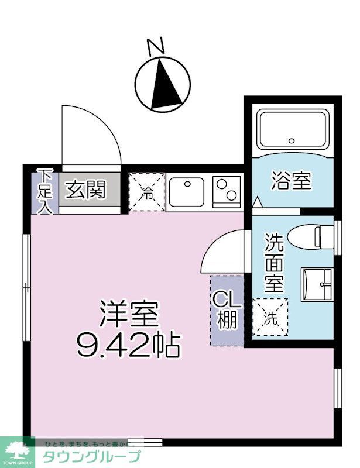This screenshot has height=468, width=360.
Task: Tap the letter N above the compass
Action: pyautogui.click(x=155, y=47)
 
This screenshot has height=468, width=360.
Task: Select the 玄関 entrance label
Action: pyautogui.click(x=85, y=190)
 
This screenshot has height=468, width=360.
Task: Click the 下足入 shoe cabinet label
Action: pyautogui.click(x=45, y=190)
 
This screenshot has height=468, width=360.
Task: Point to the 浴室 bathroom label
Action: pyautogui.click(x=290, y=181)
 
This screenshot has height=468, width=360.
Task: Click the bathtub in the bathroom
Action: pyautogui.click(x=290, y=129)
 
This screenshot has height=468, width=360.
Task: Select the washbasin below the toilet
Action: pyautogui.click(x=317, y=284)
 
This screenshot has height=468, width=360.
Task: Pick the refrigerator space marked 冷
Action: pyautogui.click(x=147, y=192)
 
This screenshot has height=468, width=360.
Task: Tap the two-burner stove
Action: pyautogui.click(x=227, y=191)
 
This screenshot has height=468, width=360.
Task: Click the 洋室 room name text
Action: pyautogui.click(x=129, y=316)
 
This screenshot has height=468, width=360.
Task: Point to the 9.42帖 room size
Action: pyautogui.click(x=129, y=346)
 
